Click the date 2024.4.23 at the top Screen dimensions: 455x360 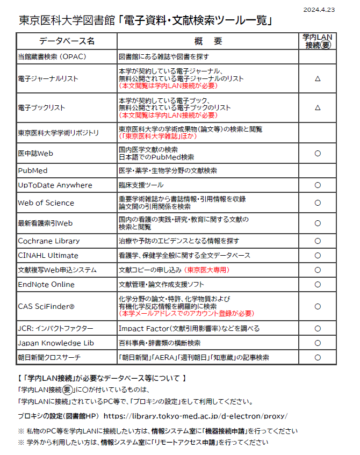pyautogui.click(x=319, y=10)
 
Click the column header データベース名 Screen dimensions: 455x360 pyautogui.click(x=67, y=41)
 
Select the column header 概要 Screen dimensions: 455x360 pyautogui.click(x=208, y=41)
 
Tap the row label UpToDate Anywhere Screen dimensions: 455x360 pyautogui.click(x=55, y=185)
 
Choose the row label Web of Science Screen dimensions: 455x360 pyautogui.click(x=46, y=203)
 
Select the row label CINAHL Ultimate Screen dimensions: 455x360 pyautogui.click(x=48, y=255)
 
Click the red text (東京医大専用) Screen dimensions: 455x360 pyautogui.click(x=206, y=270)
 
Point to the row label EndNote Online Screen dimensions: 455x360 pyautogui.click(x=46, y=284)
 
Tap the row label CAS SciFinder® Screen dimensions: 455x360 pyautogui.click(x=46, y=306)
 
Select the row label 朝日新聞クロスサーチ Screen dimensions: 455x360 pyautogui.click(x=49, y=357)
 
